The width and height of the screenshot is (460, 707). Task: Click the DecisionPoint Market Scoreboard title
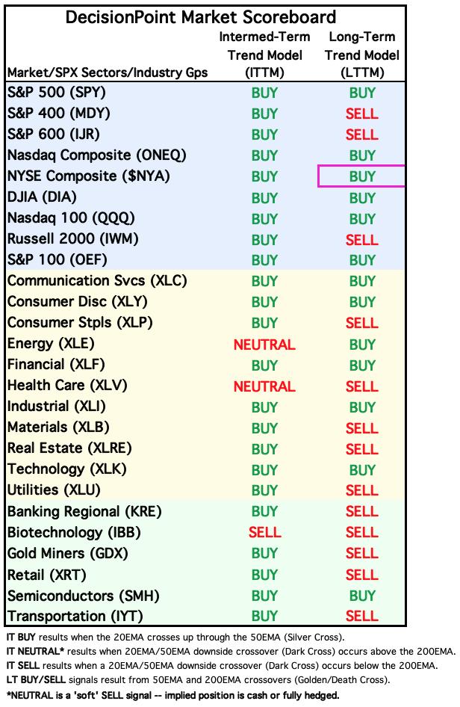tap(201, 17)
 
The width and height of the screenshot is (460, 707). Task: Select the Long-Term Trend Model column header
tap(362, 55)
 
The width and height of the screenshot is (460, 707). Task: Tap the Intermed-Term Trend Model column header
tap(264, 55)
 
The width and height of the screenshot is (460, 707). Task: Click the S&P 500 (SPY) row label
tap(57, 93)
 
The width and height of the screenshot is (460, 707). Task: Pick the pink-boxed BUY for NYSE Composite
tap(362, 176)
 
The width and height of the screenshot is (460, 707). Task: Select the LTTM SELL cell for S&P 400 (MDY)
tap(361, 114)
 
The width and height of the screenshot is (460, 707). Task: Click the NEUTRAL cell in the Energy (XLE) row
tap(264, 345)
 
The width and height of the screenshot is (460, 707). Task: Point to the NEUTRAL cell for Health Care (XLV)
tap(264, 386)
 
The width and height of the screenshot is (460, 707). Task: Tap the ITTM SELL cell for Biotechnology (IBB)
tap(265, 533)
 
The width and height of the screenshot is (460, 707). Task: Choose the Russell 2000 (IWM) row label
tap(73, 239)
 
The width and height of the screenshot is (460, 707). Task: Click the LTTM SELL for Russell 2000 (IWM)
tap(361, 240)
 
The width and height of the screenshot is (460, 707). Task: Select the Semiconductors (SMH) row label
tap(84, 596)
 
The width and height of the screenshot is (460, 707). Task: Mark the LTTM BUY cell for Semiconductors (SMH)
tap(362, 596)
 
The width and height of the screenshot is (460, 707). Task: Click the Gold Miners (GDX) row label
tap(68, 554)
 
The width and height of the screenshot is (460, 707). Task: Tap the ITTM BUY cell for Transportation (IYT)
tap(264, 616)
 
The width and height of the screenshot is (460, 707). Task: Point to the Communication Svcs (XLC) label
tap(97, 281)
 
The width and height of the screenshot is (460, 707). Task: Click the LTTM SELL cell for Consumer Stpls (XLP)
tap(361, 323)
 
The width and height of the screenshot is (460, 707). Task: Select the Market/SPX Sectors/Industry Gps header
tap(108, 72)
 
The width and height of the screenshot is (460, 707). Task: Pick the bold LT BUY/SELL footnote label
tap(36, 679)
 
